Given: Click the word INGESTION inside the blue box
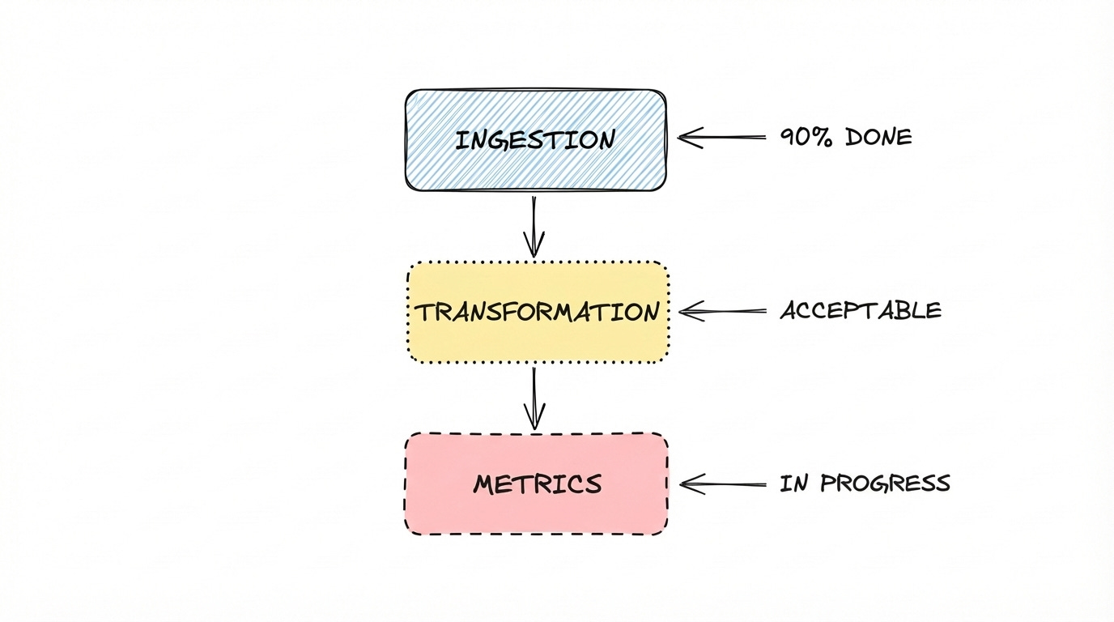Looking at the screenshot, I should coord(535,140).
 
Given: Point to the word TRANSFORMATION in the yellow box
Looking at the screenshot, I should coord(537,313).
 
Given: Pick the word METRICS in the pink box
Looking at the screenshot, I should coord(538,484).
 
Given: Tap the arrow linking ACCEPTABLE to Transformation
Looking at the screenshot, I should coord(723,310).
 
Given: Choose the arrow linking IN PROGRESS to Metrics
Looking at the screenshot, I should coord(723,484).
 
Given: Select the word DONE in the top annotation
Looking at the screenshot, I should coord(878,138).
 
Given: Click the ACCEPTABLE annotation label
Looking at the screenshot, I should coord(861,310).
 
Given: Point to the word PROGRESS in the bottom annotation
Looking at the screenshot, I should coord(885,484).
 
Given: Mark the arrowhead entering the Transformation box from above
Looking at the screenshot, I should coord(534,247).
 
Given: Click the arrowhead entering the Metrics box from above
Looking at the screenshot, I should coord(534,420).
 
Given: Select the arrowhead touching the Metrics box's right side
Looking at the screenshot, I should coord(689,484).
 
